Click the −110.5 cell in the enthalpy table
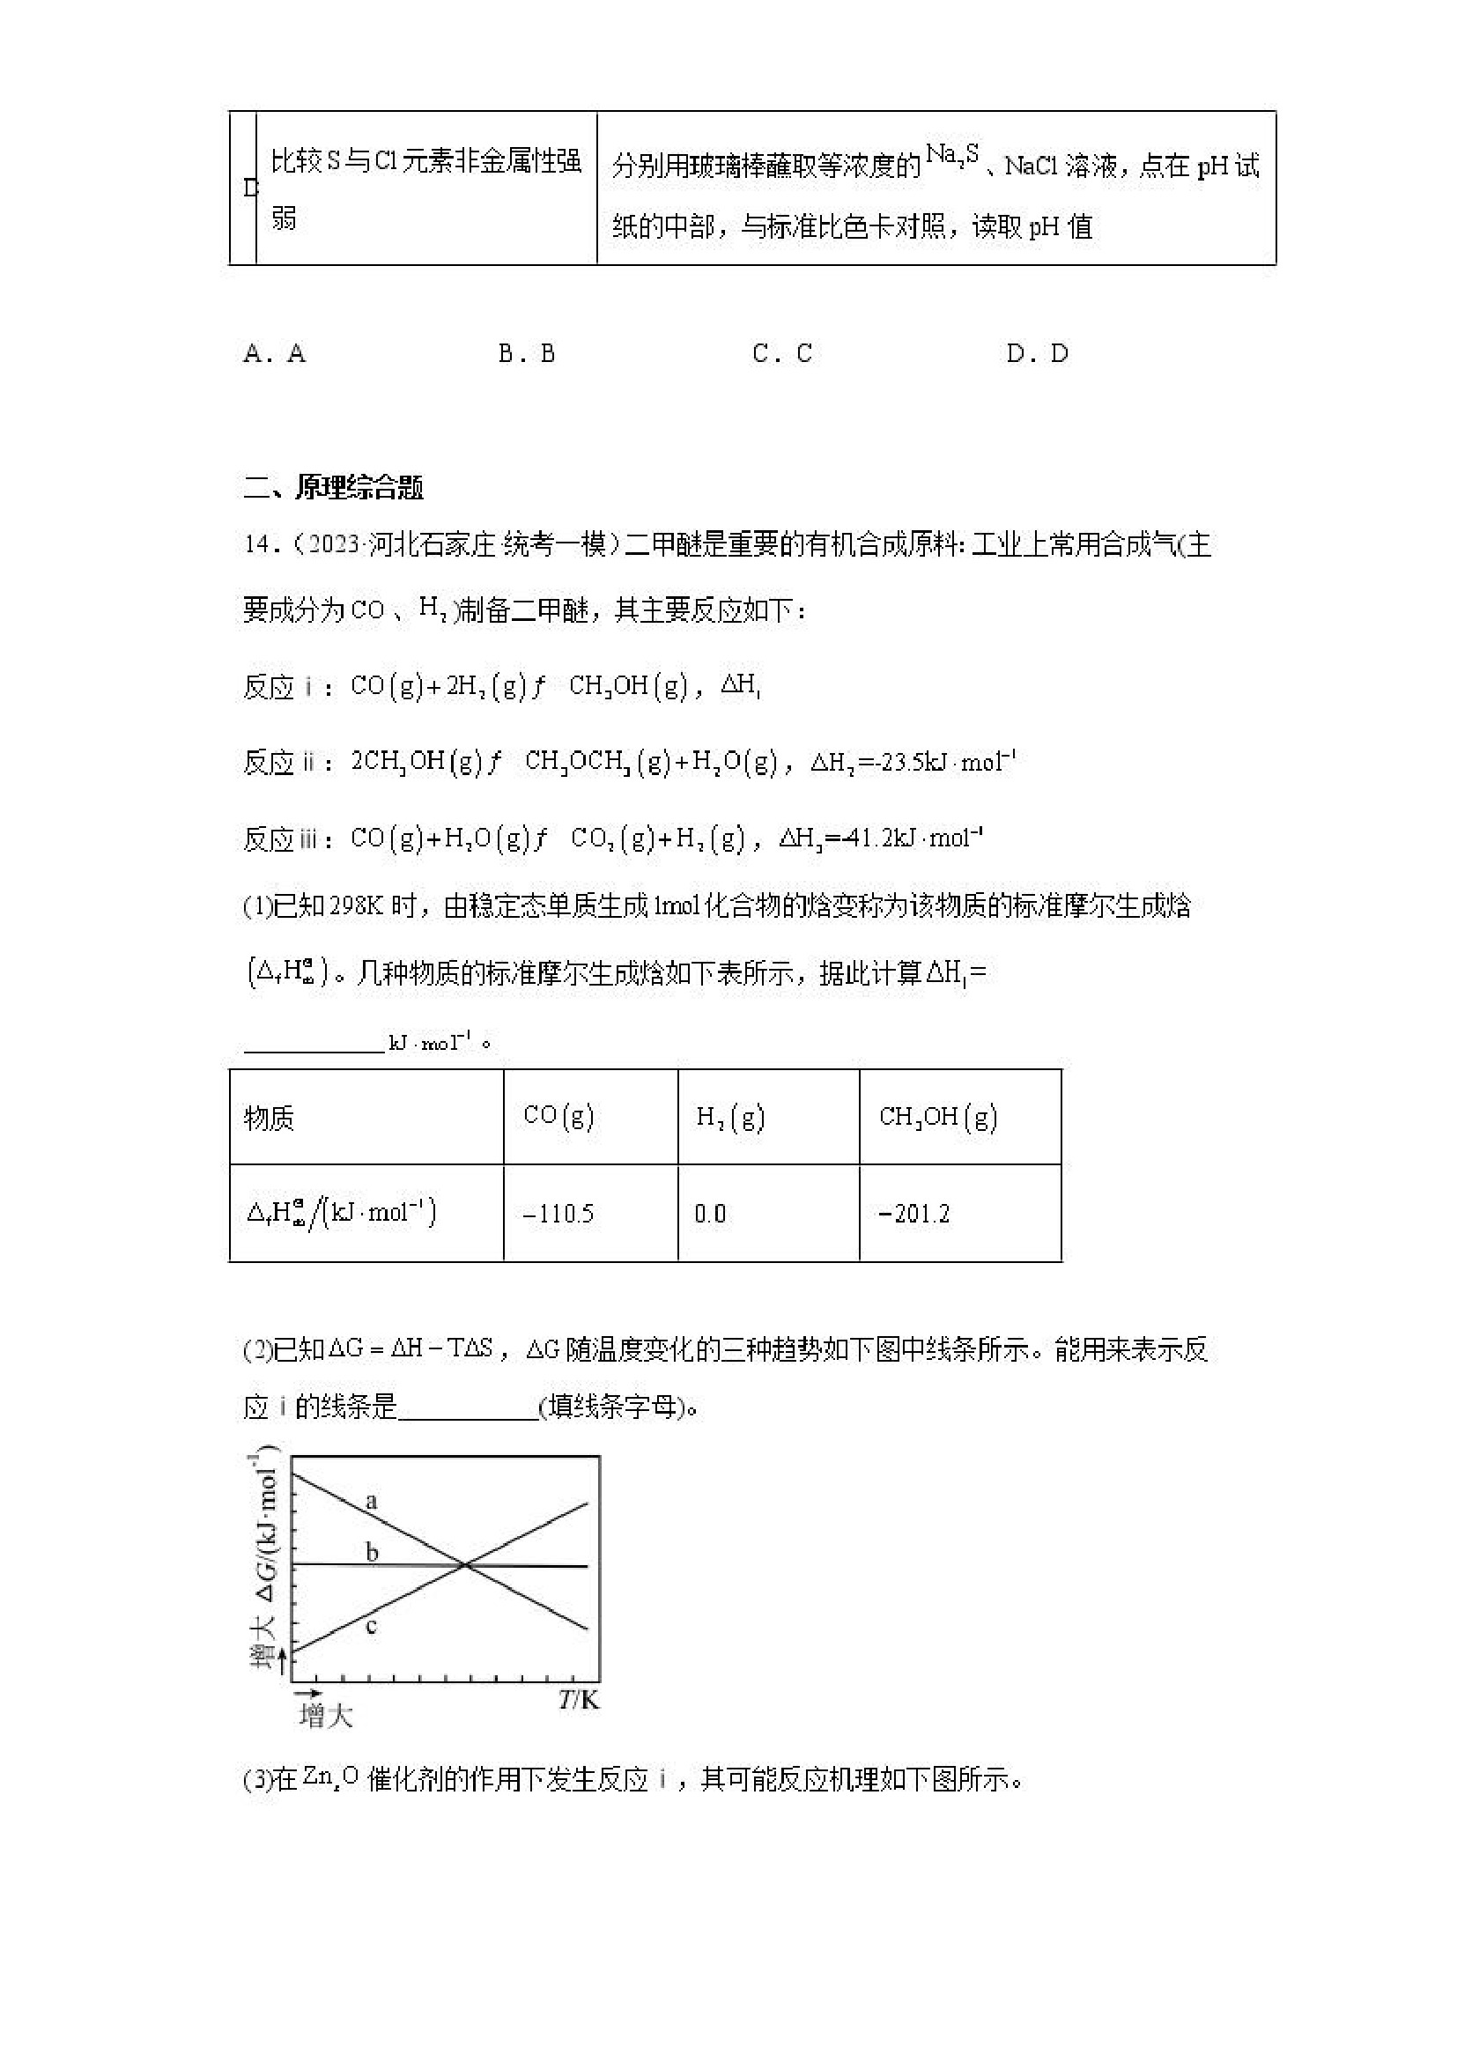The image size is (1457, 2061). [x=558, y=1214]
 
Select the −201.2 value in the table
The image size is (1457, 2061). [x=913, y=1214]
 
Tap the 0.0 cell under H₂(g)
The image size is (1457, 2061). [x=710, y=1214]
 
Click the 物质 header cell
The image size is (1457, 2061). [x=270, y=1119]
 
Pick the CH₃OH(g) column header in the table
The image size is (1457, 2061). [x=938, y=1117]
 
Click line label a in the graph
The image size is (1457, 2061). [x=372, y=1501]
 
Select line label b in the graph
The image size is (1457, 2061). [x=372, y=1552]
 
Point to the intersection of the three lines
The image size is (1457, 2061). [x=464, y=1565]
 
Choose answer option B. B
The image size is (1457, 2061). [x=527, y=354]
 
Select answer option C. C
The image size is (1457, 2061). [x=782, y=354]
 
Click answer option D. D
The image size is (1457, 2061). [x=1037, y=354]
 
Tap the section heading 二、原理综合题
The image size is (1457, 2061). [x=333, y=487]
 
